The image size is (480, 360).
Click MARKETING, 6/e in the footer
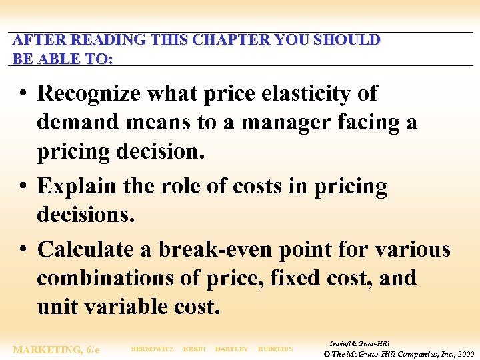pyautogui.click(x=57, y=349)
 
